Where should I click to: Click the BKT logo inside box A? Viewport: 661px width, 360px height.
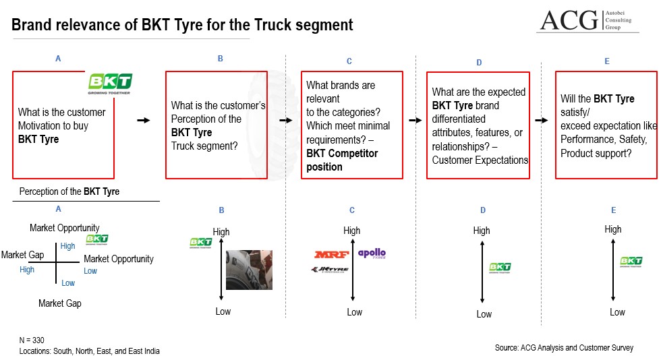point(110,83)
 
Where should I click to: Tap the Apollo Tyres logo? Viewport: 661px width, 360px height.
point(372,253)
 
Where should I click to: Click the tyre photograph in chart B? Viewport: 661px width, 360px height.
point(249,270)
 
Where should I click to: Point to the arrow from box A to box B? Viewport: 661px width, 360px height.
point(142,120)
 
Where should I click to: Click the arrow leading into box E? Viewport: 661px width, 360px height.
point(541,120)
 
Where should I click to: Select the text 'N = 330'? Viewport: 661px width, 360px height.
point(32,340)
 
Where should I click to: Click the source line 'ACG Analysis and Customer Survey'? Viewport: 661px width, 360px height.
point(564,348)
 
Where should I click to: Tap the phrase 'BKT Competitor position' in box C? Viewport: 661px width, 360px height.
point(342,160)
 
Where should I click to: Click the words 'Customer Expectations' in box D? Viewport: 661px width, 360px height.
point(480,160)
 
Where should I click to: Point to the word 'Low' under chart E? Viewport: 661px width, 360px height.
point(617,312)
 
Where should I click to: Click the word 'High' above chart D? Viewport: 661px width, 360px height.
point(482,231)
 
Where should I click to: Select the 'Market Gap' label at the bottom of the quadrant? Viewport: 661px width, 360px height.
point(60,303)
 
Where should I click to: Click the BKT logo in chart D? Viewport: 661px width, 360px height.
point(500,268)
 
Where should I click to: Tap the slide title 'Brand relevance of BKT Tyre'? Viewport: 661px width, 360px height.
point(182,26)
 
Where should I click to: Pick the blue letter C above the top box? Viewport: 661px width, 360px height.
point(349,61)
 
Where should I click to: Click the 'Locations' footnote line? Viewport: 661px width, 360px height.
point(90,351)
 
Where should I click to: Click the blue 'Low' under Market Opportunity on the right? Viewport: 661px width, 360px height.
point(90,271)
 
